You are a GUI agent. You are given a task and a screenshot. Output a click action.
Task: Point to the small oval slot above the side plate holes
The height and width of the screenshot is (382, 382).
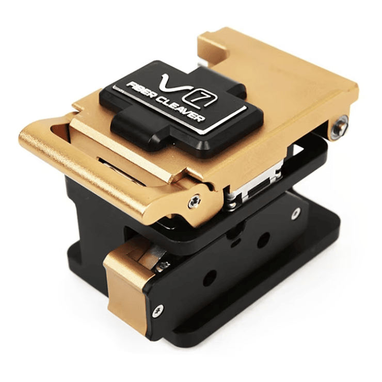235,238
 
